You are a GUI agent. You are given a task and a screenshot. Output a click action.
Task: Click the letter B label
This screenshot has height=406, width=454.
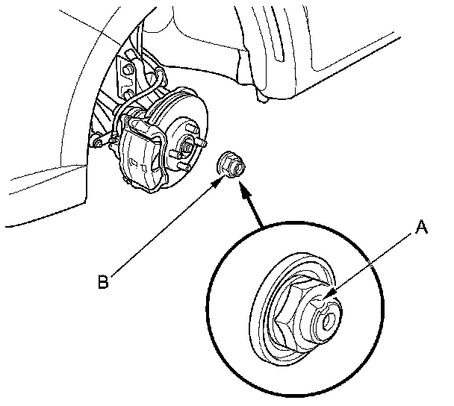click(106, 282)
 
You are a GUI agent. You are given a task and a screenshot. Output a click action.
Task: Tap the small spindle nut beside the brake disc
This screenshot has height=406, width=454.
click(229, 166)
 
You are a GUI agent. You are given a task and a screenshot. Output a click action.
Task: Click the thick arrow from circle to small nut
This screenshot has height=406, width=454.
click(252, 207)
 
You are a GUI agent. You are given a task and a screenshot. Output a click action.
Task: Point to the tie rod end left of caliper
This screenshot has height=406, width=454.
click(97, 140)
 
